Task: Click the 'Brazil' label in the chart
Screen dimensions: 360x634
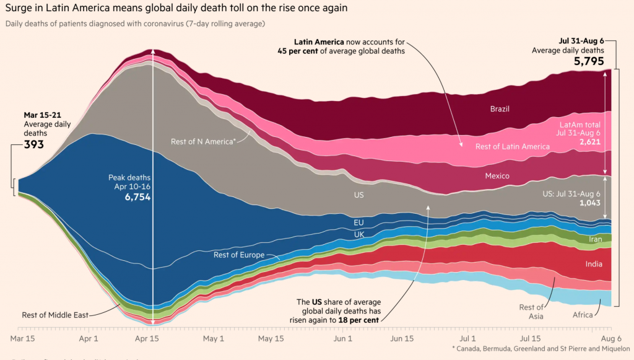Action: (500, 109)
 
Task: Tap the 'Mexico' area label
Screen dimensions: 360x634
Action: (497, 176)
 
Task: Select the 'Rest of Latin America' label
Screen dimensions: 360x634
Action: (512, 147)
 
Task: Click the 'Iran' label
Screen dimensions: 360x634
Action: (596, 239)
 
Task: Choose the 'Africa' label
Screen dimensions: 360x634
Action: (583, 315)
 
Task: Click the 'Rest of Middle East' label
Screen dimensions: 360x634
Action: (55, 314)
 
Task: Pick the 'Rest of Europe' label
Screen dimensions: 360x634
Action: (239, 255)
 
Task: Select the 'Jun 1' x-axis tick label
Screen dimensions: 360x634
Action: (342, 339)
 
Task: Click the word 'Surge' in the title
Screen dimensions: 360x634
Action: (20, 8)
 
